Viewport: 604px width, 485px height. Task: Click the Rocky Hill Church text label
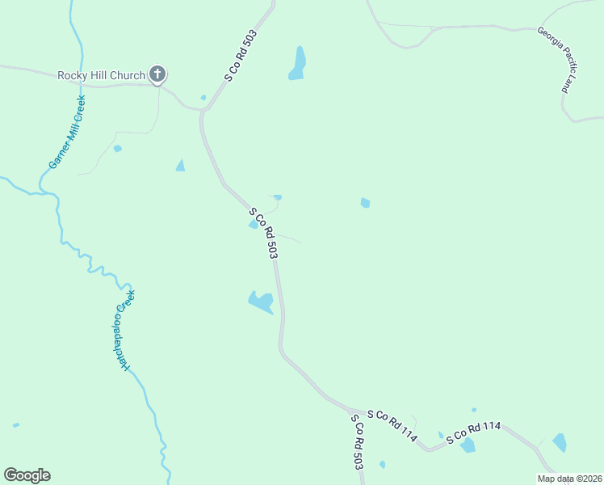(x=101, y=76)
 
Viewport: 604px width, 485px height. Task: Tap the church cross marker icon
(x=157, y=76)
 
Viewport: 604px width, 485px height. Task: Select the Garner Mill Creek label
(x=67, y=132)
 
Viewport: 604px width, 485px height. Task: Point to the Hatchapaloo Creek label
(x=128, y=330)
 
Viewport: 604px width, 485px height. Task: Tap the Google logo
(x=27, y=475)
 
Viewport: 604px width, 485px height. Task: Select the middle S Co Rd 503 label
(x=264, y=234)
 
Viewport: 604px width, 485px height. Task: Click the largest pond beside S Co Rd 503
(x=261, y=302)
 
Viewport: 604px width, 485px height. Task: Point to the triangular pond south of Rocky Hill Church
(x=180, y=166)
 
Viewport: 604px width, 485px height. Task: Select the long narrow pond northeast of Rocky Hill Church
(x=298, y=64)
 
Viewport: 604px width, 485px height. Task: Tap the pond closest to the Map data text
(x=560, y=442)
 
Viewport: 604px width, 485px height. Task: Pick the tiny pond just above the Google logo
(x=16, y=424)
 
